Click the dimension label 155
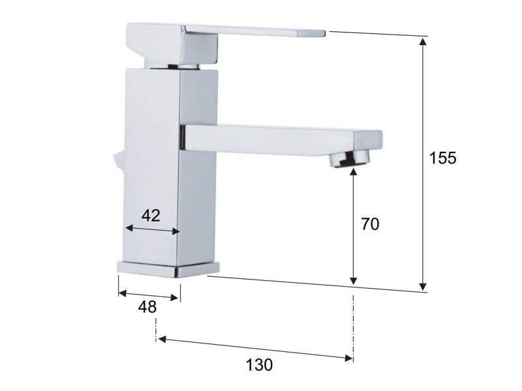click(443, 158)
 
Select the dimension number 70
click(370, 224)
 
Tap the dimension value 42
click(151, 216)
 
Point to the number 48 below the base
click(147, 307)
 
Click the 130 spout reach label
click(259, 365)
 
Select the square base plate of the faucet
click(168, 269)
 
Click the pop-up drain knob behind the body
click(119, 162)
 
